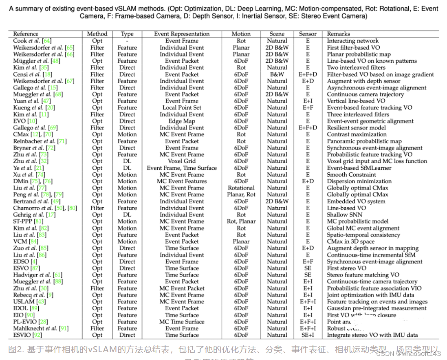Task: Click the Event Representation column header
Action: (x=182, y=34)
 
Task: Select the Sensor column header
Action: (x=308, y=34)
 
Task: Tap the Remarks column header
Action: (x=338, y=34)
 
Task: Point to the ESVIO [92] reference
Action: (x=28, y=335)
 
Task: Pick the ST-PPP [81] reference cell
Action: (x=28, y=222)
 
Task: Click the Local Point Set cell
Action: (x=182, y=108)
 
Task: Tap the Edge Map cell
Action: (x=182, y=121)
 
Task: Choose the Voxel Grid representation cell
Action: (x=182, y=161)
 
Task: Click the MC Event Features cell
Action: (x=182, y=181)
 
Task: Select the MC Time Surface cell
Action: (x=182, y=322)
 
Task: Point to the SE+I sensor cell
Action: (x=308, y=335)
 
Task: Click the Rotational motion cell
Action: (x=241, y=188)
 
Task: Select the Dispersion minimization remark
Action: (x=359, y=181)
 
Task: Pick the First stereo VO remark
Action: (x=346, y=268)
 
